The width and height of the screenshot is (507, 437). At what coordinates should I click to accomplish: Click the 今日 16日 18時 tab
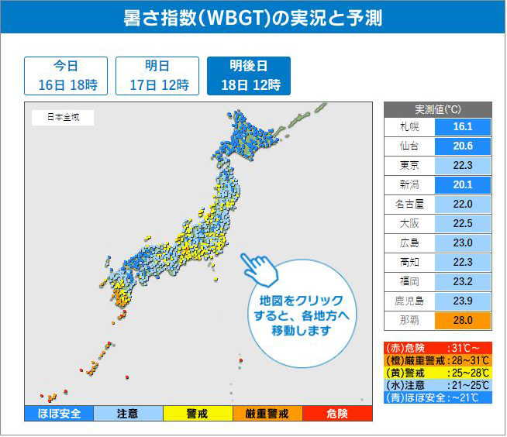tap(66, 75)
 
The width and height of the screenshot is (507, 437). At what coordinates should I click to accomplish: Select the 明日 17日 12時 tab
tap(157, 75)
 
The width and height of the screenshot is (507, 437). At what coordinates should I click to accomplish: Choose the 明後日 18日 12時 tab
tap(249, 75)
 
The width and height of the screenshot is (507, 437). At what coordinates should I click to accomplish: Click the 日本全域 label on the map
tap(62, 118)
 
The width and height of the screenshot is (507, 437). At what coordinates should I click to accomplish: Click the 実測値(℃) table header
tap(438, 109)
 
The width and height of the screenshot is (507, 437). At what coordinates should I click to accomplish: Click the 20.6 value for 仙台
tap(464, 146)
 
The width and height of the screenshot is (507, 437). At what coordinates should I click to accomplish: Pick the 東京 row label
tap(409, 166)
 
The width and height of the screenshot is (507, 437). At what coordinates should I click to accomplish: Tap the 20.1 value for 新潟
tap(464, 185)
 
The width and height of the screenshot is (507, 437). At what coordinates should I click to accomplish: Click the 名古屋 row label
tap(409, 205)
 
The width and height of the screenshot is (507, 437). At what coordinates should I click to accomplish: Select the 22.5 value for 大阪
tap(464, 224)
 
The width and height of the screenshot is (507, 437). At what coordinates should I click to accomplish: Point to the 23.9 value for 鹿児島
tap(464, 301)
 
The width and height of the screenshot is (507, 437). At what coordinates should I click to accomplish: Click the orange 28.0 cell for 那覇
tap(464, 321)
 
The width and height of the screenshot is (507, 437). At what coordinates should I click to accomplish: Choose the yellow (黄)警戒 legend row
tap(438, 373)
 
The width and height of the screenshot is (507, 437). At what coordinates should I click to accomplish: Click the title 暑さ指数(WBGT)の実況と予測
tap(253, 17)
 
